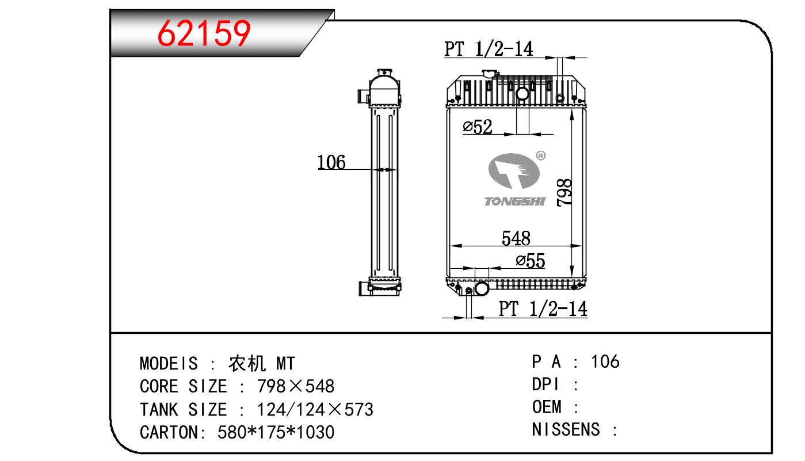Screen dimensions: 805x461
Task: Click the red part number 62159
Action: click(x=204, y=33)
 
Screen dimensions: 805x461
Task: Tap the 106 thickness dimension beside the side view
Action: click(x=331, y=162)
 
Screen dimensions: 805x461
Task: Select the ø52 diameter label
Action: click(x=477, y=127)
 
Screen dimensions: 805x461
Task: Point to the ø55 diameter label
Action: click(x=531, y=261)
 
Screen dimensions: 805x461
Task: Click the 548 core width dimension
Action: click(x=516, y=238)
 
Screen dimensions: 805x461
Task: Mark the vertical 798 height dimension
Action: click(x=564, y=192)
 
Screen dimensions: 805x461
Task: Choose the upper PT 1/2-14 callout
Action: click(x=489, y=49)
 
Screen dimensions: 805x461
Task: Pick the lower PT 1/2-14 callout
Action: click(x=543, y=309)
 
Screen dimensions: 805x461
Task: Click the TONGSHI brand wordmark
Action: click(x=514, y=201)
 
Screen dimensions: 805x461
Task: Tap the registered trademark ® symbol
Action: click(x=540, y=155)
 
